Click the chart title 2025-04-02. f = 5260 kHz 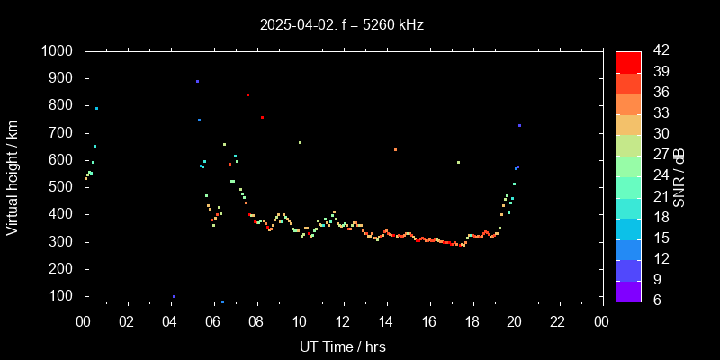(341, 24)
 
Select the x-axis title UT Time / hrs (343, 346)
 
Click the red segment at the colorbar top (628, 61)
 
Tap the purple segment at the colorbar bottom (628, 291)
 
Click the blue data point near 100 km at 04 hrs (174, 296)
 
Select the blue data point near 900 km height (197, 81)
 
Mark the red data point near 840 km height (247, 94)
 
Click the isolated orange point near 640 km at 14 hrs (395, 149)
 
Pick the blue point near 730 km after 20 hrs (519, 125)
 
